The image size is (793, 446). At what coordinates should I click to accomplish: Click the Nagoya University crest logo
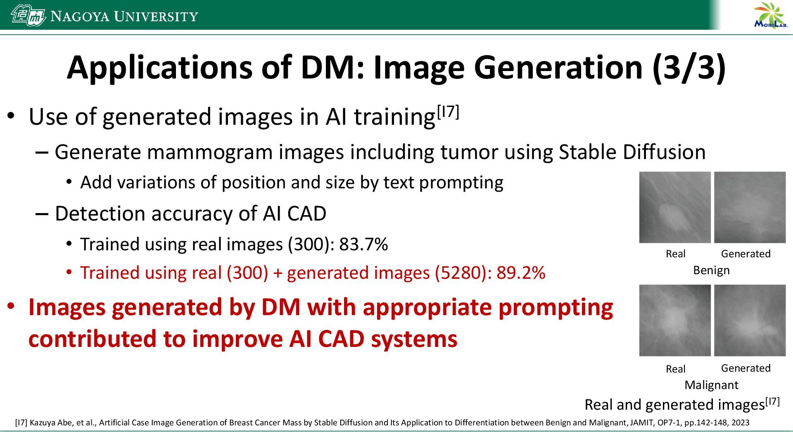pyautogui.click(x=28, y=16)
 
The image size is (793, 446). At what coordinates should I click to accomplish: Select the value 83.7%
pyautogui.click(x=363, y=244)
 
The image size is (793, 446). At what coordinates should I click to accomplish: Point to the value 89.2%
pyautogui.click(x=521, y=273)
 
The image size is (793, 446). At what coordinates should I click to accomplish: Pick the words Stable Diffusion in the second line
pyautogui.click(x=632, y=152)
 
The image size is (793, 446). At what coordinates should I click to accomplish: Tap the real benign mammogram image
pyautogui.click(x=675, y=207)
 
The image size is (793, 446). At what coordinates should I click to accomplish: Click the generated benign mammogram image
pyautogui.click(x=750, y=207)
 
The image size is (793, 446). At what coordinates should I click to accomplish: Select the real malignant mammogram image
pyautogui.click(x=675, y=320)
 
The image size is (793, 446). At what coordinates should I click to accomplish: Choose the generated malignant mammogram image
pyautogui.click(x=750, y=320)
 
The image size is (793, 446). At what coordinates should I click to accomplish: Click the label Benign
pyautogui.click(x=711, y=270)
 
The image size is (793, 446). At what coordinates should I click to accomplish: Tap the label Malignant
pyautogui.click(x=711, y=385)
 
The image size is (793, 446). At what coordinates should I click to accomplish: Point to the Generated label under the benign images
pyautogui.click(x=746, y=254)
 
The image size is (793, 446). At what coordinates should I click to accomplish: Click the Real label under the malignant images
pyautogui.click(x=675, y=369)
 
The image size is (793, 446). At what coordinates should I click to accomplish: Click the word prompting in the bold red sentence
pyautogui.click(x=556, y=308)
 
